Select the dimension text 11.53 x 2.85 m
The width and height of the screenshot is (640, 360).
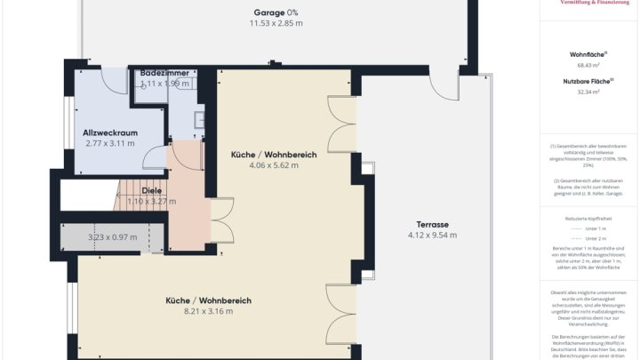click(276, 23)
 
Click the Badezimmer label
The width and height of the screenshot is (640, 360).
click(164, 72)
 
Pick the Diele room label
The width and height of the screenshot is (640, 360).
click(139, 190)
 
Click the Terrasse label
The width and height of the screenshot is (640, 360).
click(431, 224)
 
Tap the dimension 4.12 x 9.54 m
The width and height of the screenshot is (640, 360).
click(431, 236)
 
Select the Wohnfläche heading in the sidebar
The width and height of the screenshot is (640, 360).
click(588, 54)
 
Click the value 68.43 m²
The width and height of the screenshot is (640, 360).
click(588, 65)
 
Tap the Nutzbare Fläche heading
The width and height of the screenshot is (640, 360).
click(588, 80)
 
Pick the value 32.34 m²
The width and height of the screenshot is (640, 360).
click(588, 91)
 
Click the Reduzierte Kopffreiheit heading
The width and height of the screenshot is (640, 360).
click(588, 218)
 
